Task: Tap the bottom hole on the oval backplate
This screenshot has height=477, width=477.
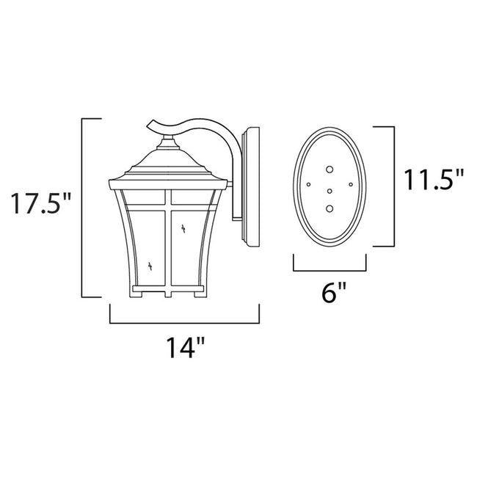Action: [329, 208]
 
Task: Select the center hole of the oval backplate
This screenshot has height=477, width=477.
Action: [329, 191]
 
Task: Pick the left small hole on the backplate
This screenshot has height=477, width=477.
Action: [309, 183]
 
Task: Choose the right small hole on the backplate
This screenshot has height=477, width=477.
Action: [351, 183]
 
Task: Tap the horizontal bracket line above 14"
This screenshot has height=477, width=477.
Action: [183, 323]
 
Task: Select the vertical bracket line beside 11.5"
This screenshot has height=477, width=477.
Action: [394, 186]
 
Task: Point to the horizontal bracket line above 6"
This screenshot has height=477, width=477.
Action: [329, 270]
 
